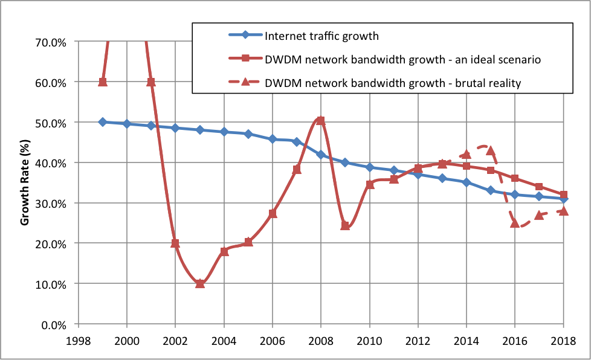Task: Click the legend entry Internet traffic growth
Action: (x=321, y=36)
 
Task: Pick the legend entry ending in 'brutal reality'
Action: (x=393, y=83)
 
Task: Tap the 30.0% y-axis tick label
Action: (x=53, y=203)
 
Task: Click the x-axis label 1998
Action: (x=78, y=340)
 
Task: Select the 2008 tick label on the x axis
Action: (x=321, y=340)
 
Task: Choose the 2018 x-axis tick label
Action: (x=563, y=340)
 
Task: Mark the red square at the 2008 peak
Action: (x=321, y=121)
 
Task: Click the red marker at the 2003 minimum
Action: (x=199, y=283)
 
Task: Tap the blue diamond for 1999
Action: (x=103, y=122)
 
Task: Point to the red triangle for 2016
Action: (x=515, y=223)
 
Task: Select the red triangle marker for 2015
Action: (x=491, y=150)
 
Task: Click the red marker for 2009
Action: (x=345, y=225)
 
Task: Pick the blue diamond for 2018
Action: (x=563, y=199)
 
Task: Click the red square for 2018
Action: (x=563, y=194)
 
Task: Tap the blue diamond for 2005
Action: (x=248, y=134)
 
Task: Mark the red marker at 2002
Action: (x=175, y=243)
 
